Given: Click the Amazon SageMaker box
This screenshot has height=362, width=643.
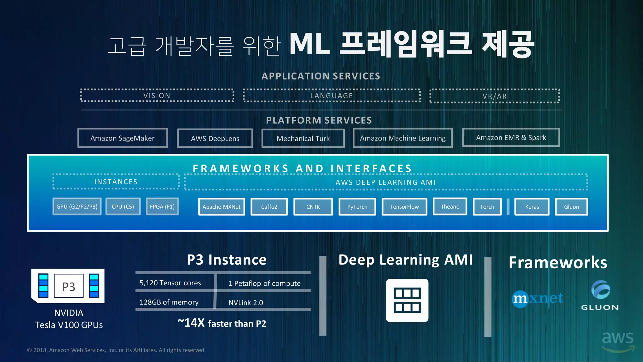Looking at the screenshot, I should click(122, 138).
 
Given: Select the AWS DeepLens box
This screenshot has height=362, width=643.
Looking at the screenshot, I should click(215, 139).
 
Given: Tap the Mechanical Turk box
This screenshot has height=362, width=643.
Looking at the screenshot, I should click(303, 139).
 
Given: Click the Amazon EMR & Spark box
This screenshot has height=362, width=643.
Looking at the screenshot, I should click(511, 138).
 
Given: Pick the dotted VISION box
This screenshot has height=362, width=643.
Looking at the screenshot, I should click(157, 96).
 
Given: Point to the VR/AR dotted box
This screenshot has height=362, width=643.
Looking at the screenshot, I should click(494, 96).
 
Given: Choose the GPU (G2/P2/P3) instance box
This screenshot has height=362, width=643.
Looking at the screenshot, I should click(77, 207).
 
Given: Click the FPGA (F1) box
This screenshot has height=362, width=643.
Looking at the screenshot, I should click(162, 207).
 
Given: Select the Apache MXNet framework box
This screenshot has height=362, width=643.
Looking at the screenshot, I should click(221, 207).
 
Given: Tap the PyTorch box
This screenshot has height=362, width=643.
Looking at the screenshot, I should click(357, 207).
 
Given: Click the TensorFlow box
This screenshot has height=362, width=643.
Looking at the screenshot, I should click(404, 207).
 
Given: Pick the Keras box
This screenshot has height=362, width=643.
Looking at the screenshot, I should click(532, 207).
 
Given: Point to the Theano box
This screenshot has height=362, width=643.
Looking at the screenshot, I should click(450, 206).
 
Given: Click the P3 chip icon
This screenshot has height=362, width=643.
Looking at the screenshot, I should click(68, 286).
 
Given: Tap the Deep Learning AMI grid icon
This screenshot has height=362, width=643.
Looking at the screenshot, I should click(407, 300).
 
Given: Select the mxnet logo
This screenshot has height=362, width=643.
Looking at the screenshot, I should click(538, 298).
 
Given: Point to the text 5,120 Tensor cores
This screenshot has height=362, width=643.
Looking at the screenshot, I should click(170, 283).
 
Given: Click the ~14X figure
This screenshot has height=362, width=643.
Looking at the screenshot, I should click(191, 323).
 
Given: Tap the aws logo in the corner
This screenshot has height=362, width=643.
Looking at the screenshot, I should click(618, 341).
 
